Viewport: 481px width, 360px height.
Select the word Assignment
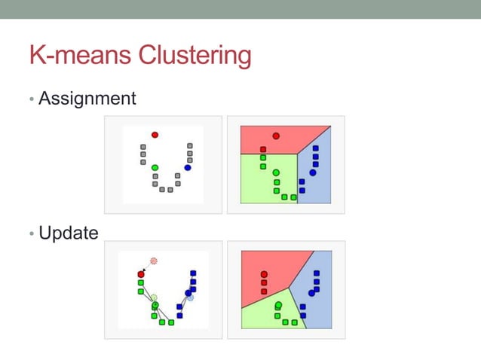[x=87, y=98]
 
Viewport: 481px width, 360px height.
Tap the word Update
[x=68, y=233]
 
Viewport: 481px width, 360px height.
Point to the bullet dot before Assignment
[x=32, y=99]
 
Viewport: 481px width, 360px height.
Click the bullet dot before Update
[x=32, y=234]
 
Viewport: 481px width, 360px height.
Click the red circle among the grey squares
[x=155, y=135]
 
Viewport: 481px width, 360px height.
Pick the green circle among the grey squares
[x=155, y=167]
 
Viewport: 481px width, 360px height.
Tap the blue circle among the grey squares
[x=188, y=167]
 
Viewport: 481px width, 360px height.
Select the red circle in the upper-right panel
[x=276, y=136]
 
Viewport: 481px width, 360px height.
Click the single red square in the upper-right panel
[x=263, y=149]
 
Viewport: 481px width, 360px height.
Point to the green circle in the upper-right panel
[x=276, y=172]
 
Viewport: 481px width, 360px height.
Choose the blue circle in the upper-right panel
[x=312, y=172]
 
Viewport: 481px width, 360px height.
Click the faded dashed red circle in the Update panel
[x=154, y=261]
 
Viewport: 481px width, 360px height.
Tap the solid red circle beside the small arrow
[x=141, y=274]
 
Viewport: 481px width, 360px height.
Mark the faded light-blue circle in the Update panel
[x=191, y=297]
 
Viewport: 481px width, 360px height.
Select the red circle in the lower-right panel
[x=264, y=274]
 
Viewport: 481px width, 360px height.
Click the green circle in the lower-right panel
[x=278, y=306]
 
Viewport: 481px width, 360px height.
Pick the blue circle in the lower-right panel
[x=311, y=293]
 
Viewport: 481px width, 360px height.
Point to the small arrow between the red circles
[x=146, y=268]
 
